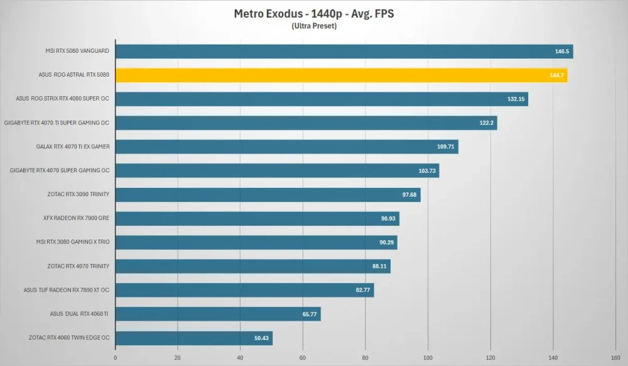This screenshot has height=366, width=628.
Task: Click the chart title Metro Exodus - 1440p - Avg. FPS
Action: click(x=314, y=14)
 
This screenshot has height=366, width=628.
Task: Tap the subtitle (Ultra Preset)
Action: click(x=314, y=26)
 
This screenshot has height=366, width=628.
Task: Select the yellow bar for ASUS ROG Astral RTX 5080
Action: click(x=341, y=75)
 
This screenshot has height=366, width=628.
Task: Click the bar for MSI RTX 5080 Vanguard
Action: click(x=344, y=52)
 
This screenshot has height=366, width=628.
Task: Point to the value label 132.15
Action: click(x=516, y=99)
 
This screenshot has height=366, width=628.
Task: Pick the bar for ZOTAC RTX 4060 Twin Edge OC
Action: click(x=194, y=338)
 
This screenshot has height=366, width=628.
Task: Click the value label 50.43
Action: click(x=261, y=338)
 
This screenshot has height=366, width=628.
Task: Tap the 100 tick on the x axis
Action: click(x=428, y=358)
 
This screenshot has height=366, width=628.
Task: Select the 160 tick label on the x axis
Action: click(x=615, y=358)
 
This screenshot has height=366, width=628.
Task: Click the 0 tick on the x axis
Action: click(x=116, y=358)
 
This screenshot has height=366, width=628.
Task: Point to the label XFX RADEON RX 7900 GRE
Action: click(x=76, y=218)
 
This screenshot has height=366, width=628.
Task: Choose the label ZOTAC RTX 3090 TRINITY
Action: click(x=78, y=194)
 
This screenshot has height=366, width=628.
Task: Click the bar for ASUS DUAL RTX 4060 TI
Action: click(x=218, y=314)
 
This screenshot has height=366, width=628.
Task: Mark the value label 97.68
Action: click(x=409, y=195)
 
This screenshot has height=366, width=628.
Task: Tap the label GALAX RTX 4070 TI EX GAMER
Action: click(x=73, y=147)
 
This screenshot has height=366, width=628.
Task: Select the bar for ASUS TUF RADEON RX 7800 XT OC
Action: click(x=245, y=291)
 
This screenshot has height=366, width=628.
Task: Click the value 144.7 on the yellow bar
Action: click(x=556, y=75)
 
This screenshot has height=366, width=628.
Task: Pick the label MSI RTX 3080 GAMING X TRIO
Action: click(x=72, y=242)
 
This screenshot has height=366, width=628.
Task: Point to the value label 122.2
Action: click(x=487, y=123)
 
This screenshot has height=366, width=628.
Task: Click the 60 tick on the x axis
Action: click(x=303, y=358)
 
